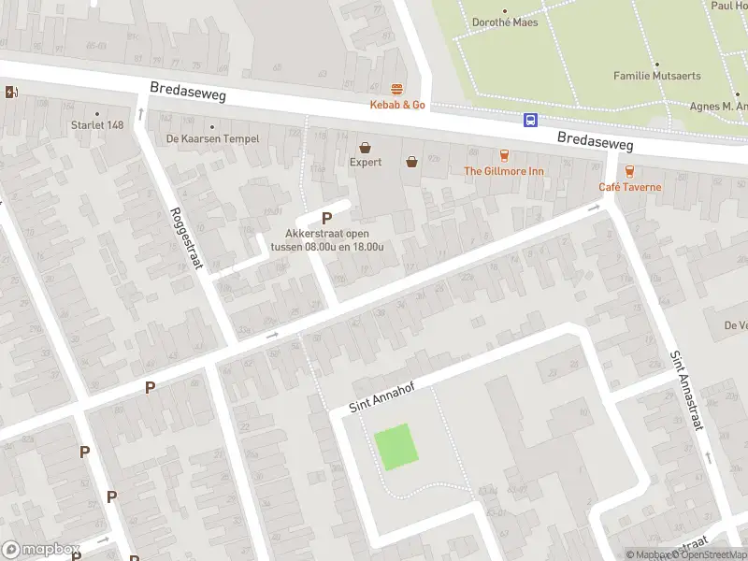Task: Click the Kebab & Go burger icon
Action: [x=397, y=90]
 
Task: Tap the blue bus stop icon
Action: [x=530, y=120]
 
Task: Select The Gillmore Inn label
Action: [x=504, y=171]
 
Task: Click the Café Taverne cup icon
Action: [x=629, y=171]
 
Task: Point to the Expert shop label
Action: [x=366, y=163]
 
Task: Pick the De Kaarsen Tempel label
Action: [x=212, y=138]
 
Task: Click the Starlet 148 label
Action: [x=97, y=124]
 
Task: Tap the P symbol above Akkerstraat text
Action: [x=326, y=217]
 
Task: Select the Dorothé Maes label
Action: [x=505, y=22]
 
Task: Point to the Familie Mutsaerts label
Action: [x=656, y=76]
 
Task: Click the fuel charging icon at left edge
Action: [x=10, y=92]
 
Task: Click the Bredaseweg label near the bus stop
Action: [x=595, y=142]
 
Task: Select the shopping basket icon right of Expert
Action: [x=411, y=162]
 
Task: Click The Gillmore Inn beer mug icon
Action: [x=504, y=155]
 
